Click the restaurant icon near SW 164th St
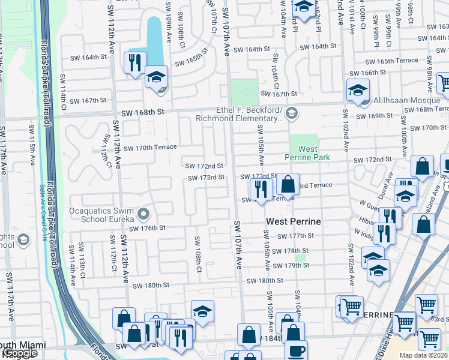[x=134, y=62]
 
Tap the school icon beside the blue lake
[x=156, y=77]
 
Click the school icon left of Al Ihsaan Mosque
[x=358, y=91]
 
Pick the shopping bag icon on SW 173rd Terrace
[x=288, y=184]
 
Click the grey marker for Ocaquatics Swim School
[x=143, y=214]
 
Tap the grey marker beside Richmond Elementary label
[x=291, y=113]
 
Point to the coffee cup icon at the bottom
[x=295, y=350]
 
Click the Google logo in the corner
[x=20, y=353]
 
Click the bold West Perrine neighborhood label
[x=293, y=221]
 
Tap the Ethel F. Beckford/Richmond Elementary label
[x=249, y=114]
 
